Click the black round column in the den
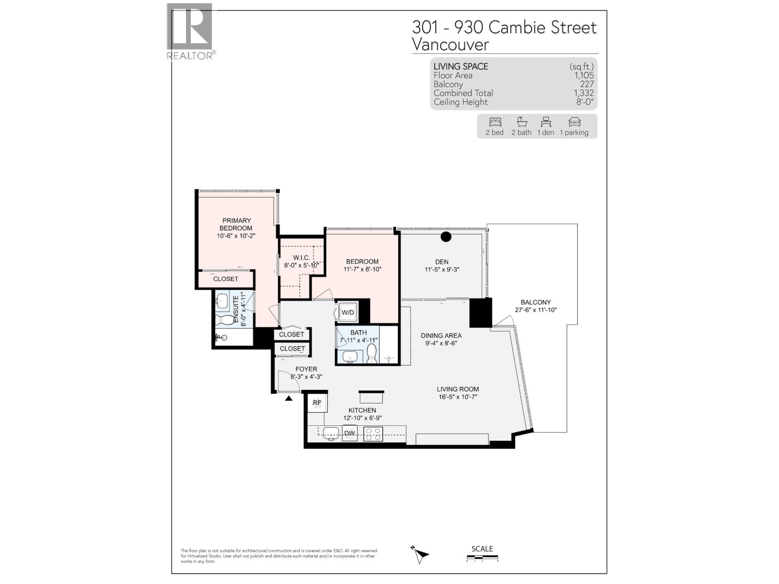(446, 237)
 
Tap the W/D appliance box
(348, 312)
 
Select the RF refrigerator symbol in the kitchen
(317, 402)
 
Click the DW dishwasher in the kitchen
(350, 433)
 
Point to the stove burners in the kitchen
(373, 434)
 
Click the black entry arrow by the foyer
(289, 398)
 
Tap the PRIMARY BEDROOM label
(236, 224)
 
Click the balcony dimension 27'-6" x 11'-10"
(536, 310)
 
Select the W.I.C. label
(301, 257)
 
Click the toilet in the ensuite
(225, 321)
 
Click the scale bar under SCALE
(482, 558)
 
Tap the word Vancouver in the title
(450, 45)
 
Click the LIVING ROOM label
(458, 389)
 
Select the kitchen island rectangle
(371, 397)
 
